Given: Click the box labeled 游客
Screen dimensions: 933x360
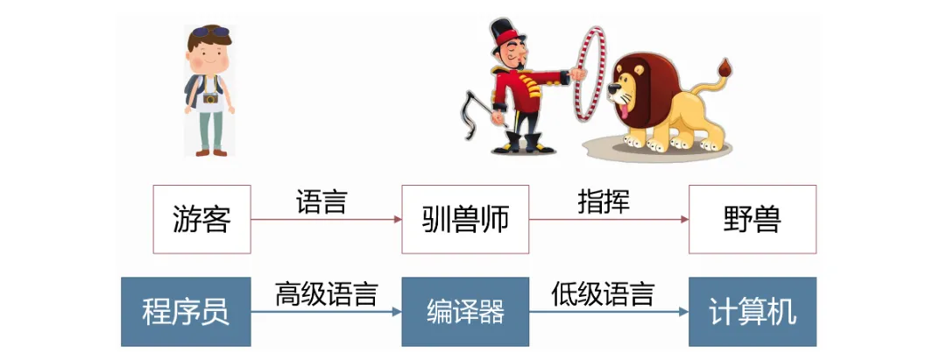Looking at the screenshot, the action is point(201,219).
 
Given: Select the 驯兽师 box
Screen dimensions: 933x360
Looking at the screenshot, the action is point(464,219).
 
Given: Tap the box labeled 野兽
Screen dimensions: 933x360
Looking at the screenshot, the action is point(753,219).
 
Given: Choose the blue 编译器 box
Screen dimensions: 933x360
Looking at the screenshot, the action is point(464,312).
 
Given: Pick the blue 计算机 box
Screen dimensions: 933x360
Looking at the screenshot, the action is point(753,312).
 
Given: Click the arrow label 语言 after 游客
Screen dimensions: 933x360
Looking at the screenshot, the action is point(322,202).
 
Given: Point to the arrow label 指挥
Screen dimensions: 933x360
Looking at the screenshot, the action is point(604,201).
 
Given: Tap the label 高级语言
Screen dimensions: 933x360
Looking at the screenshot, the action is point(326,293).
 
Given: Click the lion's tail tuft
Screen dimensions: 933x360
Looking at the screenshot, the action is point(724,67).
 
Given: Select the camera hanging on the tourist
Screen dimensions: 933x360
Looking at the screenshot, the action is point(211,98).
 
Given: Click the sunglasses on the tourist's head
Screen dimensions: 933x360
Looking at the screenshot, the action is point(211,32).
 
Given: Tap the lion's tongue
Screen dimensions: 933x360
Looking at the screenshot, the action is point(623,109).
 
